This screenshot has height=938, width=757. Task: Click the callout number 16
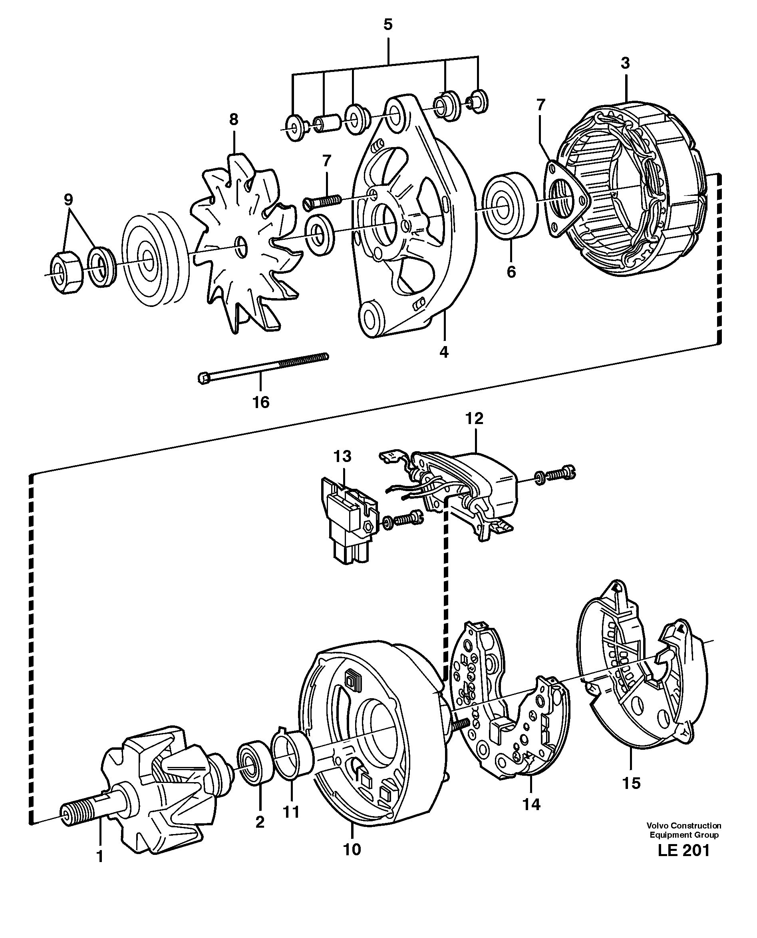pyautogui.click(x=261, y=402)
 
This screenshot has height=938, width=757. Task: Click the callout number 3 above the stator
pyautogui.click(x=625, y=63)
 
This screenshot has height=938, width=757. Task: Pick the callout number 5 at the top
pyautogui.click(x=387, y=24)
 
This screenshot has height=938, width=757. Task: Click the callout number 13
pyautogui.click(x=342, y=456)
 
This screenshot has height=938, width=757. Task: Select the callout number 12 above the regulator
pyautogui.click(x=475, y=418)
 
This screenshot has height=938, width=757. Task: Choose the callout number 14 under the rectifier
pyautogui.click(x=531, y=804)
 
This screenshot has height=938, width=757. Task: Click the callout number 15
pyautogui.click(x=631, y=783)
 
